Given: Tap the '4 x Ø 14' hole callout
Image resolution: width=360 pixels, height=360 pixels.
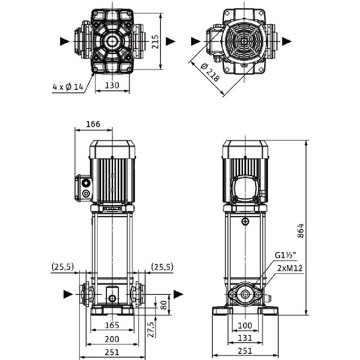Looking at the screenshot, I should pyautogui.click(x=68, y=87).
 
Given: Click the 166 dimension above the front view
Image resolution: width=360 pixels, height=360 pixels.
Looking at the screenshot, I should pyautogui.click(x=93, y=124).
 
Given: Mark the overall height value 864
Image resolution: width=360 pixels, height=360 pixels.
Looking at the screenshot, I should pyautogui.click(x=301, y=230).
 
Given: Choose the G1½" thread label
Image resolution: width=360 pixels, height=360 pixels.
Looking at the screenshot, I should pyautogui.click(x=285, y=256).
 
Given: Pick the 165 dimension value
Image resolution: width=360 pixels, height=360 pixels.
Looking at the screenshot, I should pyautogui.click(x=112, y=325).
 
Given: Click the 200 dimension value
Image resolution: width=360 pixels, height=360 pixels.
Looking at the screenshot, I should pyautogui.click(x=112, y=339).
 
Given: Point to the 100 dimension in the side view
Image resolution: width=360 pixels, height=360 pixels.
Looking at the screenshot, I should pyautogui.click(x=245, y=325).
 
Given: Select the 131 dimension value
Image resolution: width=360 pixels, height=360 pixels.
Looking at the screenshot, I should pyautogui.click(x=245, y=338).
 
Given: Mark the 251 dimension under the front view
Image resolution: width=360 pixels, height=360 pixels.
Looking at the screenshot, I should pyautogui.click(x=112, y=351).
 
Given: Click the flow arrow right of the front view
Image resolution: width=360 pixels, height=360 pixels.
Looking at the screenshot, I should pyautogui.click(x=178, y=294).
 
